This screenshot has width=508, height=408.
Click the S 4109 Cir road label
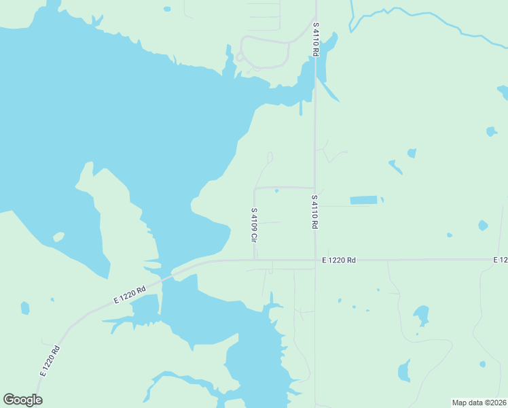(x=254, y=225)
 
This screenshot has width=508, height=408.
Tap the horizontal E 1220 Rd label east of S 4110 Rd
(x=339, y=260)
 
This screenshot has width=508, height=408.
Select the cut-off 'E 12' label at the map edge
(x=501, y=260)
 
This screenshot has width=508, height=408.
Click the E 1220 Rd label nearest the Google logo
(x=50, y=361)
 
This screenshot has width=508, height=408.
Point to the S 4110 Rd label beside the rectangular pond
(x=315, y=212)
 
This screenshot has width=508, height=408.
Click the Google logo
(x=22, y=400)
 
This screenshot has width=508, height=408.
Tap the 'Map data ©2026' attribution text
(x=479, y=403)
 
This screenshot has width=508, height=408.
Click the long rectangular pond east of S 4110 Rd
(x=363, y=200)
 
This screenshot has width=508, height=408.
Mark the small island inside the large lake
(x=58, y=237)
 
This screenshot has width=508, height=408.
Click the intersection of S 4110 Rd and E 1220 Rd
(x=315, y=260)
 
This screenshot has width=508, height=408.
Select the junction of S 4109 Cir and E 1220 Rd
(x=255, y=260)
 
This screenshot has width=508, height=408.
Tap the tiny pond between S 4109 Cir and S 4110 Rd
(x=276, y=191)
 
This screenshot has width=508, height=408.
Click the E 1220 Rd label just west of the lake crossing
(x=130, y=295)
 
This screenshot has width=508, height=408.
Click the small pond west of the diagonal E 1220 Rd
(x=25, y=308)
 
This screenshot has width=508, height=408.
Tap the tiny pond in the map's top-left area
(x=167, y=9)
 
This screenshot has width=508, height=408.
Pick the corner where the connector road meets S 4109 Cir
(x=255, y=188)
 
